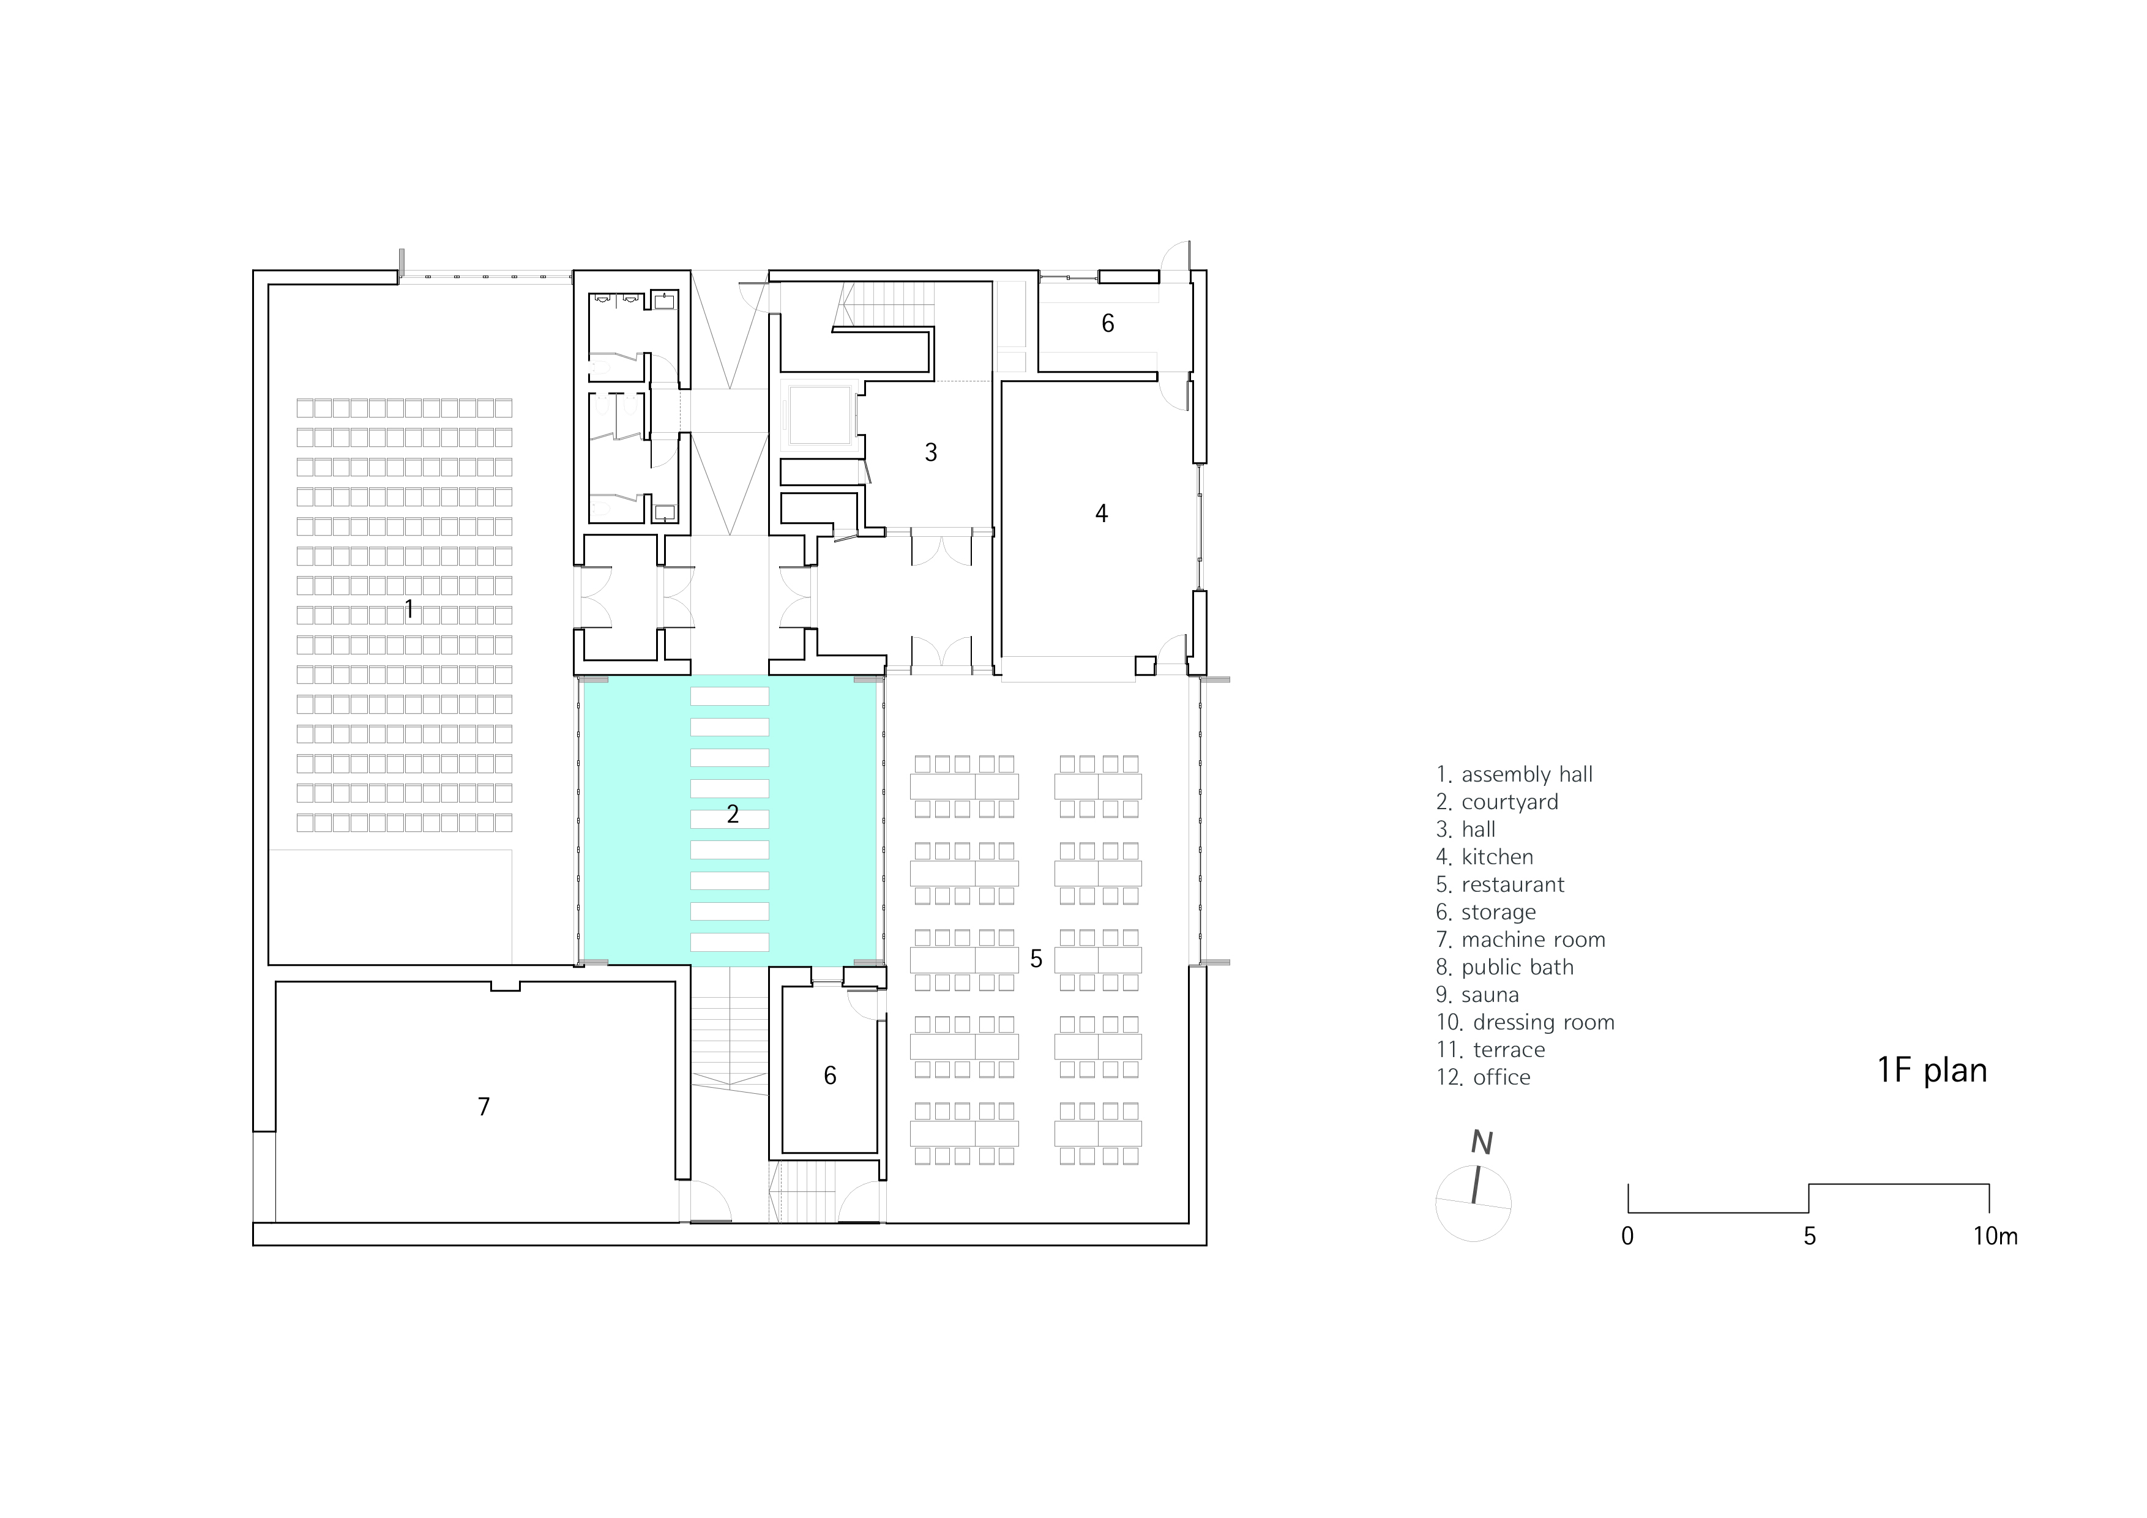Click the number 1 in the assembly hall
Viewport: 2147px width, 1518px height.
(409, 610)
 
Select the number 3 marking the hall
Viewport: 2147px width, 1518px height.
(930, 453)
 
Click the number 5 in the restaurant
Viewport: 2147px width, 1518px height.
(1036, 959)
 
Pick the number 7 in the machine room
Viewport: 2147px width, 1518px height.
(484, 1107)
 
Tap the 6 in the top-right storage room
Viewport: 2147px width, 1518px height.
(1108, 324)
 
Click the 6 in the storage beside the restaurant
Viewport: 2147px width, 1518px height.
(829, 1075)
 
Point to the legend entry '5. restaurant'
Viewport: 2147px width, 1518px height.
(1500, 885)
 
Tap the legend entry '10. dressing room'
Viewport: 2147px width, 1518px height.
(1525, 1023)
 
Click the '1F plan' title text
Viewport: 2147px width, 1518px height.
(1932, 1071)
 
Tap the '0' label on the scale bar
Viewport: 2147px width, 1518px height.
(1628, 1236)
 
